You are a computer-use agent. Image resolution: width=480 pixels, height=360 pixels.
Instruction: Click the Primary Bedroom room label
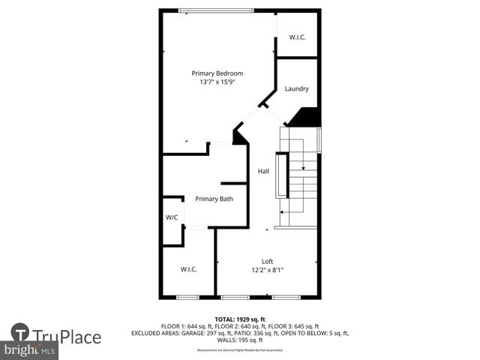(x=217, y=73)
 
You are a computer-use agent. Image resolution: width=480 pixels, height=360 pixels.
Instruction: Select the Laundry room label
(x=296, y=88)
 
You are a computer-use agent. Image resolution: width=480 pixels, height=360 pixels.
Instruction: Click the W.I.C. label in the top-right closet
(x=297, y=37)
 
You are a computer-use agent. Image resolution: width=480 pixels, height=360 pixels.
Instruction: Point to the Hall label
(x=263, y=172)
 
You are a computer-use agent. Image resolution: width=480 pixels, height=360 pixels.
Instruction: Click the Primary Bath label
(x=214, y=199)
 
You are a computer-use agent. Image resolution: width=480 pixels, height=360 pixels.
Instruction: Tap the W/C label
(x=172, y=217)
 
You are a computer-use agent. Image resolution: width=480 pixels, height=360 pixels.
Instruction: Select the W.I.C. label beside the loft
(x=188, y=269)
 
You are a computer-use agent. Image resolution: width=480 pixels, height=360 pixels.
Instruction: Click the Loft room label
(x=267, y=261)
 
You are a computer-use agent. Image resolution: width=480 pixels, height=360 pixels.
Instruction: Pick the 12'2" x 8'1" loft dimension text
(x=267, y=270)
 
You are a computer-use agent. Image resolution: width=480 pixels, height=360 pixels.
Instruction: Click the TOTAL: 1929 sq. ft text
(x=240, y=319)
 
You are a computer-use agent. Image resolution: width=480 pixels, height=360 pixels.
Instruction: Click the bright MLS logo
(x=30, y=350)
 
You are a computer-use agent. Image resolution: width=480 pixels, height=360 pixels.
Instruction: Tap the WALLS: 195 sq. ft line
(x=240, y=340)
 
